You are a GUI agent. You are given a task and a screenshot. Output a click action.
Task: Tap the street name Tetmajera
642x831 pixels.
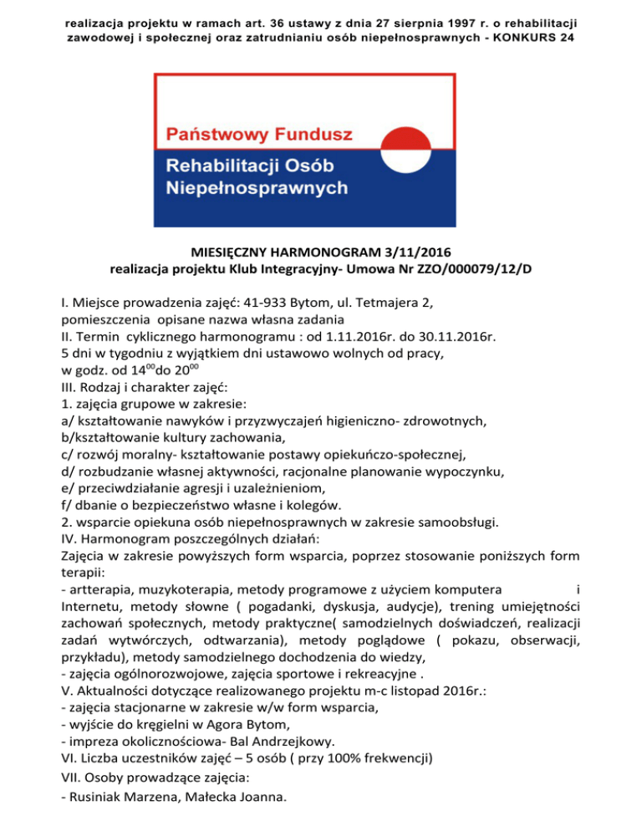click(x=392, y=303)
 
